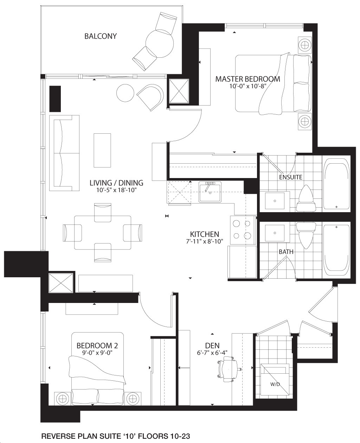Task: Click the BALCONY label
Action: click(101, 36)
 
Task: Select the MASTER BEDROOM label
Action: click(247, 79)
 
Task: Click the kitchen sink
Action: click(210, 192)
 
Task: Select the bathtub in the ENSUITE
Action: click(336, 184)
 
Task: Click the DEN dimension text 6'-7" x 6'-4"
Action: click(212, 353)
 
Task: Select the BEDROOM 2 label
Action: click(97, 346)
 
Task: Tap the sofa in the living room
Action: click(64, 153)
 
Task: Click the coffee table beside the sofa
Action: click(102, 150)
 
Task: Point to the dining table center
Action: click(103, 233)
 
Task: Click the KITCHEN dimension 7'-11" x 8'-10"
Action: click(205, 241)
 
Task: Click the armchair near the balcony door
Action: click(150, 97)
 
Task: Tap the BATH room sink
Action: click(275, 233)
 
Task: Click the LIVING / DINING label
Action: click(116, 183)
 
